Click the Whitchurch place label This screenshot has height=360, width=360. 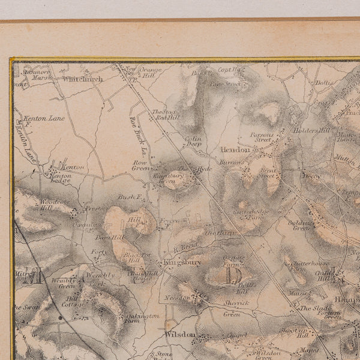tap(83, 79)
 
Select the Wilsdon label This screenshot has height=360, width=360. tap(181, 334)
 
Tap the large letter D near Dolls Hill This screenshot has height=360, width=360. tap(232, 274)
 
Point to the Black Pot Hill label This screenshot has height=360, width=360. tap(133, 257)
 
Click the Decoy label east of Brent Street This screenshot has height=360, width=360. tap(311, 176)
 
